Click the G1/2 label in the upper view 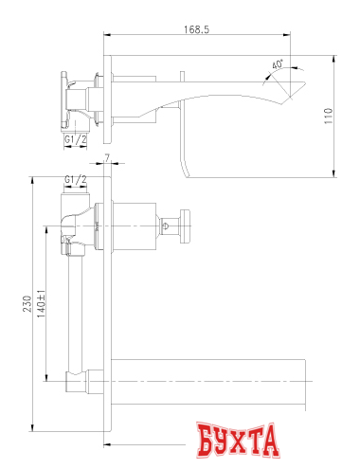tap(77, 139)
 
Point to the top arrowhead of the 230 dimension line tap(34, 179)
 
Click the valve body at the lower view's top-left tap(79, 225)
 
